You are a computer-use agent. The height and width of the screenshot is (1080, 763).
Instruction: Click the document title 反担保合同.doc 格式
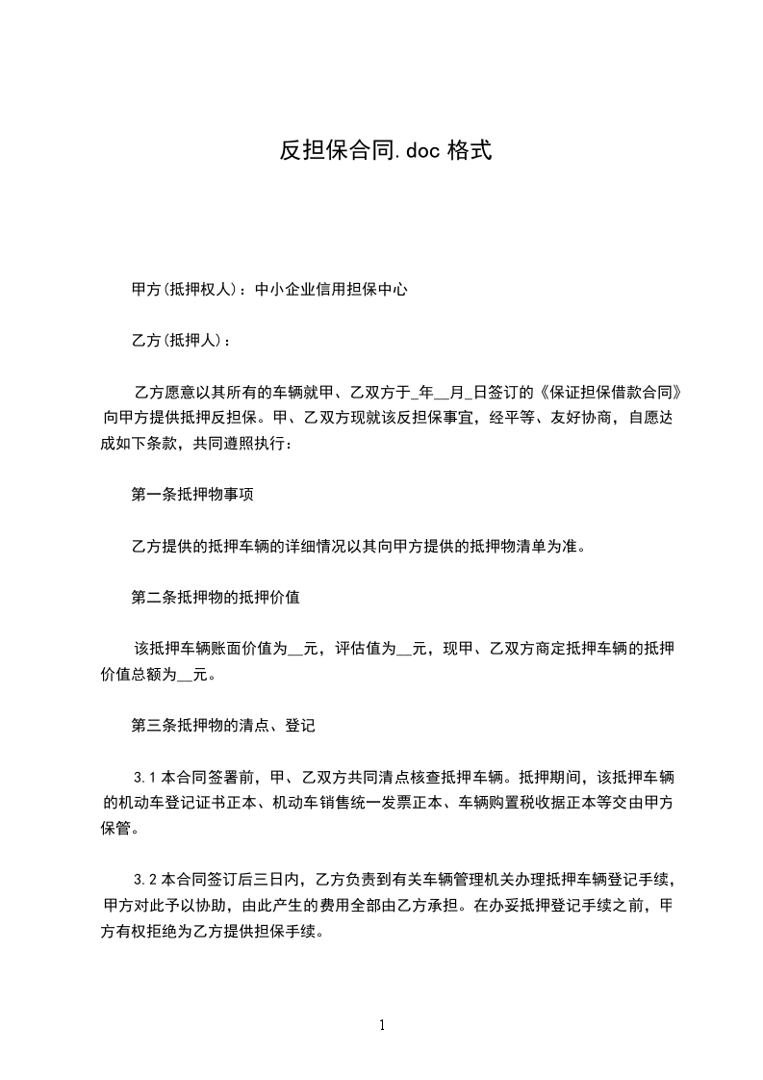click(x=386, y=150)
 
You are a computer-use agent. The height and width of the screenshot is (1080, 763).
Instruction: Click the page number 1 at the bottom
click(x=382, y=1025)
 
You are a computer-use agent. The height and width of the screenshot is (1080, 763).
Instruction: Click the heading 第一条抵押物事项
click(x=192, y=496)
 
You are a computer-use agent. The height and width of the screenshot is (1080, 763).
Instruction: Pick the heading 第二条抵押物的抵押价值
click(x=216, y=598)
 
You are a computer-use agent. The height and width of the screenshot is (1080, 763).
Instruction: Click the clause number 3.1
click(x=144, y=776)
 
